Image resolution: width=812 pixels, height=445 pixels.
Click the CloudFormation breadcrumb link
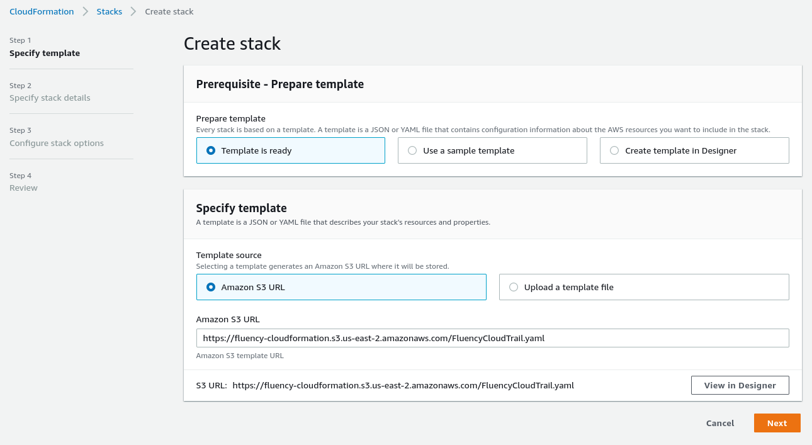[42, 11]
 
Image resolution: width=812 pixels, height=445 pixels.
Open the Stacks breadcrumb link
[109, 11]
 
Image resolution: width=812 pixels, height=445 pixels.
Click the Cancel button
[720, 423]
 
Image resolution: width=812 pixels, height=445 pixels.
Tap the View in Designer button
[740, 385]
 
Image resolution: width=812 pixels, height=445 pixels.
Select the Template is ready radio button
[211, 150]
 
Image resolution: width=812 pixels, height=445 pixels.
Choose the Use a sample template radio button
[412, 150]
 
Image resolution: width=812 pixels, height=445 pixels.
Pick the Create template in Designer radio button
[614, 150]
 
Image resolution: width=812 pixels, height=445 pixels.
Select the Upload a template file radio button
[513, 287]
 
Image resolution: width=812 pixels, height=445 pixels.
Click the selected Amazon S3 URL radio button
[211, 287]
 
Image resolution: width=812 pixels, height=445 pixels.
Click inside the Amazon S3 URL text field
[492, 338]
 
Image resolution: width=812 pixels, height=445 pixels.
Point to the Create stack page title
[232, 44]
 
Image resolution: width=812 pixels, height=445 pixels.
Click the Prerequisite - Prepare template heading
[280, 84]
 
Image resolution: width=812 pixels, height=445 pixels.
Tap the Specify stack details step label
[50, 98]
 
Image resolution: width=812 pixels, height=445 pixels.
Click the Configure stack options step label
[57, 143]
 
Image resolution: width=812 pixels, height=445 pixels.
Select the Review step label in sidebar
[23, 188]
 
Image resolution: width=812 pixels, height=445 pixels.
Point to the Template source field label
[228, 255]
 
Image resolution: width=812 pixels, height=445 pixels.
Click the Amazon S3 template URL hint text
[240, 356]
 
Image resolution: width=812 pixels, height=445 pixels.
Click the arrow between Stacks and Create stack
[133, 11]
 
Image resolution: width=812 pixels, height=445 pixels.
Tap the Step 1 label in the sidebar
[20, 40]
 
